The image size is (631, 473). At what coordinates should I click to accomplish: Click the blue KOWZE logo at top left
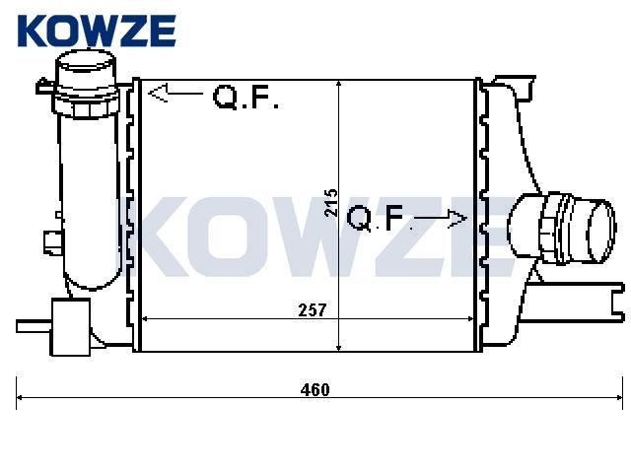(97, 31)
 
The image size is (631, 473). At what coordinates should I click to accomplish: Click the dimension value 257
(313, 309)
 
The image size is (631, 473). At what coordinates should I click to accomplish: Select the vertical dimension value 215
(331, 202)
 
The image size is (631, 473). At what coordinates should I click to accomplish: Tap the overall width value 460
(315, 389)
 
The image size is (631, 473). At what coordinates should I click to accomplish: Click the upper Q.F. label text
(245, 97)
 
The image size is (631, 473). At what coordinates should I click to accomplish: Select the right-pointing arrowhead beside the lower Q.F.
(457, 219)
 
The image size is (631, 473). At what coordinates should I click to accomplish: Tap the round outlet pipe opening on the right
(600, 232)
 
